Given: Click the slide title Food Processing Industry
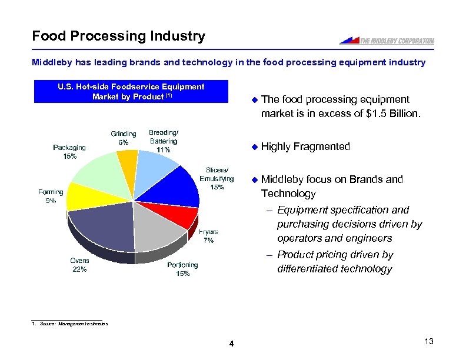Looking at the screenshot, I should (x=118, y=36).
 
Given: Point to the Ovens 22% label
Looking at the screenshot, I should (x=79, y=265).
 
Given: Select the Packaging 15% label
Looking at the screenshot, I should (x=69, y=152).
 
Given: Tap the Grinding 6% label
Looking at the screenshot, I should (x=124, y=138).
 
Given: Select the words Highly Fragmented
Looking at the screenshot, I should (x=305, y=146).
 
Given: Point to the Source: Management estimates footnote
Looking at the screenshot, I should (x=70, y=324).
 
